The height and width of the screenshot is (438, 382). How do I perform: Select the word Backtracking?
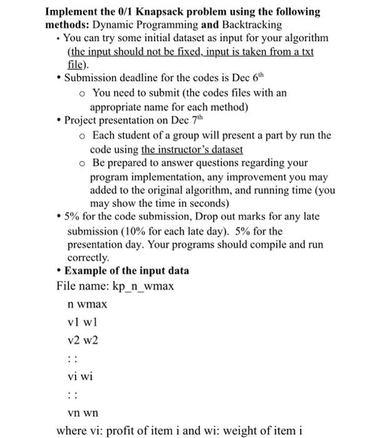click(x=251, y=24)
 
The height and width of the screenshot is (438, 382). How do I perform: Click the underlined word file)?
click(x=78, y=64)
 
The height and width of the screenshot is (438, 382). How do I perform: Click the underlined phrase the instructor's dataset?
click(x=192, y=150)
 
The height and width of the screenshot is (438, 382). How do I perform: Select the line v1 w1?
click(x=83, y=322)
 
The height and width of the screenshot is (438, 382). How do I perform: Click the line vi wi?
click(x=81, y=376)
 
